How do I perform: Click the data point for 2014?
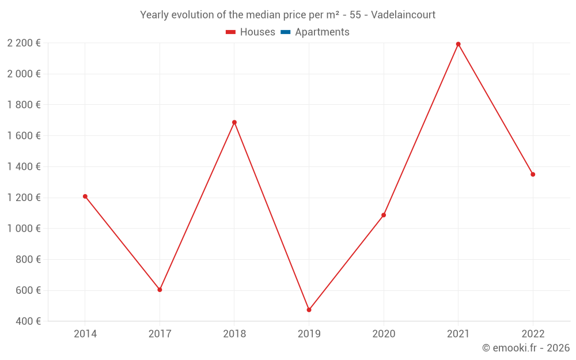[85, 196]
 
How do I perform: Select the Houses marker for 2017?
[160, 290]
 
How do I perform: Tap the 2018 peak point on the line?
[234, 122]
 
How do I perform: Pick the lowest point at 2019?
[309, 310]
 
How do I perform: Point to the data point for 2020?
[384, 215]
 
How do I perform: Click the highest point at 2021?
[458, 44]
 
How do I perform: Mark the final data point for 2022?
[533, 174]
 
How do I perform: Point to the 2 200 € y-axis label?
[24, 43]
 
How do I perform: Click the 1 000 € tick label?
[24, 228]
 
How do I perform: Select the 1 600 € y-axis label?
[24, 135]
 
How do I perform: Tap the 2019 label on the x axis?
[309, 334]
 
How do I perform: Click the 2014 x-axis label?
[85, 334]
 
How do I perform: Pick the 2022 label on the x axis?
[533, 334]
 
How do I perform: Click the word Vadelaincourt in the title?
[403, 14]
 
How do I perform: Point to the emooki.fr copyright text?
[526, 348]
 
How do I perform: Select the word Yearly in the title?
[154, 14]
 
